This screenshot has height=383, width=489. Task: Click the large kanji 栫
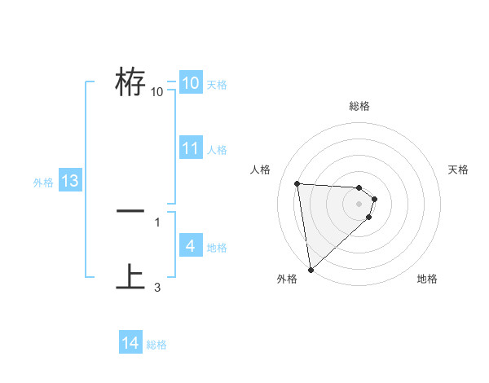(x=130, y=81)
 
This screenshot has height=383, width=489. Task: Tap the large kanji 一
(x=130, y=211)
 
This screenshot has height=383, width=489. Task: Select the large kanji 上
(x=130, y=276)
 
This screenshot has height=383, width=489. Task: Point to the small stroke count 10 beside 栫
(x=157, y=92)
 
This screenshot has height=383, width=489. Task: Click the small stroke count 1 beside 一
(x=157, y=222)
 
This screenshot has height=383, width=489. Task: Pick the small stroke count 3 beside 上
(x=157, y=287)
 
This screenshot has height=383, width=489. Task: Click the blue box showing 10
(x=190, y=83)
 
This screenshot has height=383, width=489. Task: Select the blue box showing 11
(x=190, y=148)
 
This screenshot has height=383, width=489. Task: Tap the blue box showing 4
(x=190, y=246)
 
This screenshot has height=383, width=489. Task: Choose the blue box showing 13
(x=69, y=181)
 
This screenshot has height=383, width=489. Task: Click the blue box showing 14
(x=130, y=344)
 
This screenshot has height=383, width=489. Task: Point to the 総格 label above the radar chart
(x=359, y=106)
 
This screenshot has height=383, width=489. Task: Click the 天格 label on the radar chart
(x=459, y=169)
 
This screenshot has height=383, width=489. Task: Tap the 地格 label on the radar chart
(x=427, y=279)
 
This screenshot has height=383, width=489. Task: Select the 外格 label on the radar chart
(x=287, y=279)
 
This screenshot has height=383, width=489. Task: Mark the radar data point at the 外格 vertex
(x=311, y=270)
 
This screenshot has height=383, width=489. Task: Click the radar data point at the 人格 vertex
(x=297, y=183)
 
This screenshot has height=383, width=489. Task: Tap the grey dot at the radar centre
(x=359, y=204)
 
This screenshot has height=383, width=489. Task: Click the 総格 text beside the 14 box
(x=156, y=345)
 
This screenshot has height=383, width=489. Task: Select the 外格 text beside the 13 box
(x=43, y=183)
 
